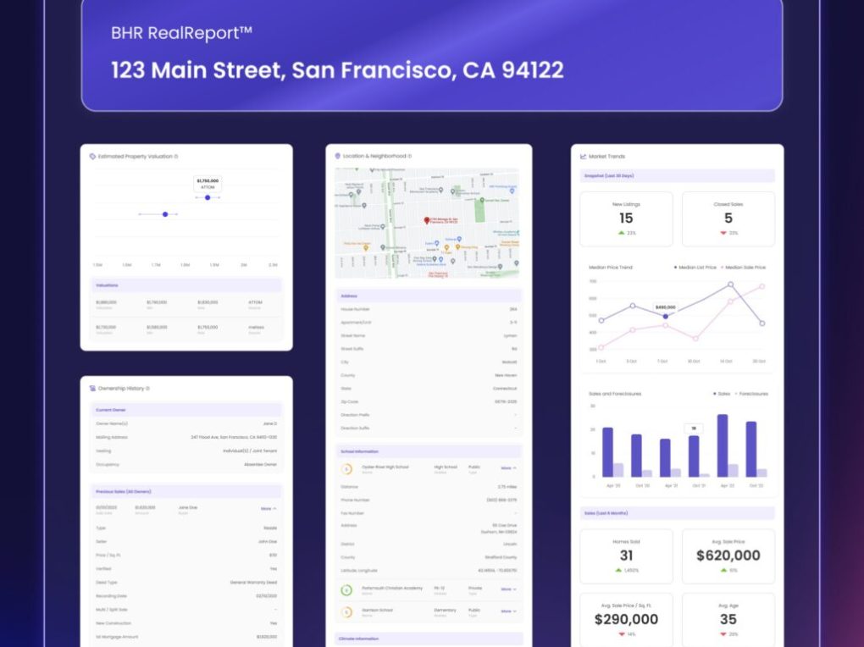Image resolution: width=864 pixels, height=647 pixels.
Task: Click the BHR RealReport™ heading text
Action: coord(181,34)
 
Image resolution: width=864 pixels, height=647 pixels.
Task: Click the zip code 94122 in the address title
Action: coord(532,70)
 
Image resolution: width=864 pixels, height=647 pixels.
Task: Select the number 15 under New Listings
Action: coord(626,218)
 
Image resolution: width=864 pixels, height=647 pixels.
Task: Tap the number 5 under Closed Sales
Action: coord(728,218)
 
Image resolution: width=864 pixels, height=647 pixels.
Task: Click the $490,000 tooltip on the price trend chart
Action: coord(665,307)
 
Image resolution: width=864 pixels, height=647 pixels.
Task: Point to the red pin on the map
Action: coord(428,220)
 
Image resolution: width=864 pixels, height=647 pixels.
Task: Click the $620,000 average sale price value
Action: coord(728,556)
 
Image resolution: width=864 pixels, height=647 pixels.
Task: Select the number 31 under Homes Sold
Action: coord(626,556)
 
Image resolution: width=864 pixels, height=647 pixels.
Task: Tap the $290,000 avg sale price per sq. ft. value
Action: coord(626,619)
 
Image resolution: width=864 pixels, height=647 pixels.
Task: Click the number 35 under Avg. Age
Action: coord(728,619)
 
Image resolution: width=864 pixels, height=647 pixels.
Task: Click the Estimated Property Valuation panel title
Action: coord(136,157)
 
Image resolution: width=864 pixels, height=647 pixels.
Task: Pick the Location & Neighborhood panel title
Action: coord(376,157)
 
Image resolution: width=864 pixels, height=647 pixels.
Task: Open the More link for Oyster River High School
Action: coord(507,467)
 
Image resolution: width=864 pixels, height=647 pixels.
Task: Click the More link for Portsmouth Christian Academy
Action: coord(507,589)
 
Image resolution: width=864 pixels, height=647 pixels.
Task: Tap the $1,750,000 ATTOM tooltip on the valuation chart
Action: coord(208,183)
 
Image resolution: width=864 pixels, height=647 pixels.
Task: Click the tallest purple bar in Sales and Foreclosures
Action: coord(723,445)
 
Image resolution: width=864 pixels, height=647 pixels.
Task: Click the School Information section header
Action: coord(360,451)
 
